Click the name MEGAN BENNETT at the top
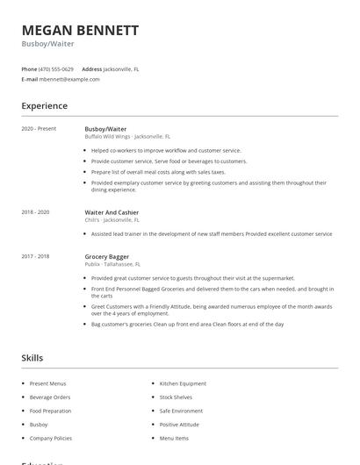(x=80, y=31)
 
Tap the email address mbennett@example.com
(x=69, y=79)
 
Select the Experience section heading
(x=45, y=106)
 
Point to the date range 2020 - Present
(x=39, y=129)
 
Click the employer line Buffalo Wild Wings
(x=127, y=137)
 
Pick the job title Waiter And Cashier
(x=112, y=212)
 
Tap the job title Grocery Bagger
(x=107, y=256)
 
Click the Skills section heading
(x=32, y=358)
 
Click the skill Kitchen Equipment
(x=183, y=383)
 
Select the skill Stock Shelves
(x=176, y=397)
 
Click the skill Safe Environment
(x=181, y=410)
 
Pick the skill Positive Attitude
(x=179, y=424)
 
